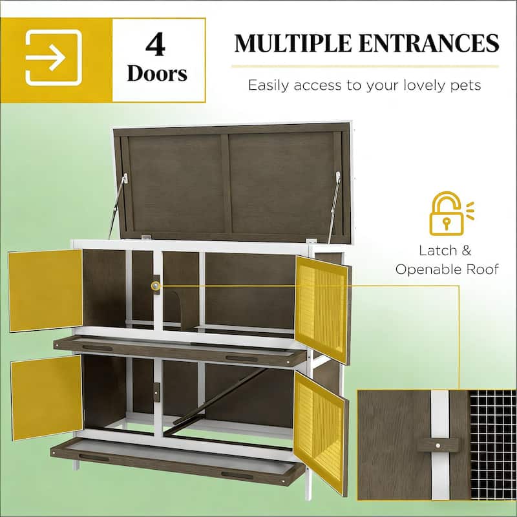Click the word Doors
157,74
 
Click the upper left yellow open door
46,290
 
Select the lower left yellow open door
47,396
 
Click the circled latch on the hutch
156,285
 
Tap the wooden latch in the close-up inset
438,445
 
